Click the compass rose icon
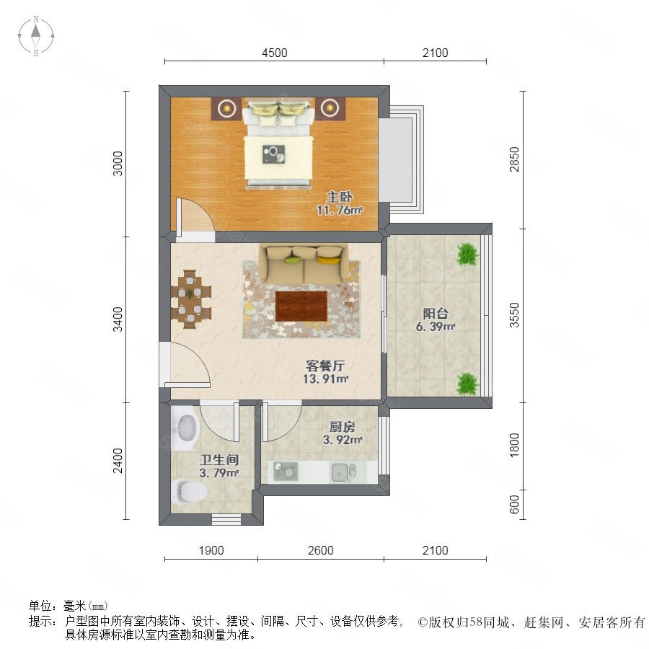point(36,35)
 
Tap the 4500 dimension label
point(275,53)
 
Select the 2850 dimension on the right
point(514,159)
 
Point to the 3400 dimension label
point(118,319)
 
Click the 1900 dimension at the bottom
point(211,550)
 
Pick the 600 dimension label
point(514,505)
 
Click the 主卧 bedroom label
point(340,197)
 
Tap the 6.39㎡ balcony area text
point(436,327)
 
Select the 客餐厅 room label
point(325,366)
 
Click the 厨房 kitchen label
point(343,427)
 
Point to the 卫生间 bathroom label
point(218,460)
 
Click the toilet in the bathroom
point(189,492)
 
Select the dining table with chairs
point(191,299)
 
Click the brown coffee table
point(301,306)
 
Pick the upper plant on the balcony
point(468,254)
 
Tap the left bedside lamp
point(227,108)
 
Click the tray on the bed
point(273,154)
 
